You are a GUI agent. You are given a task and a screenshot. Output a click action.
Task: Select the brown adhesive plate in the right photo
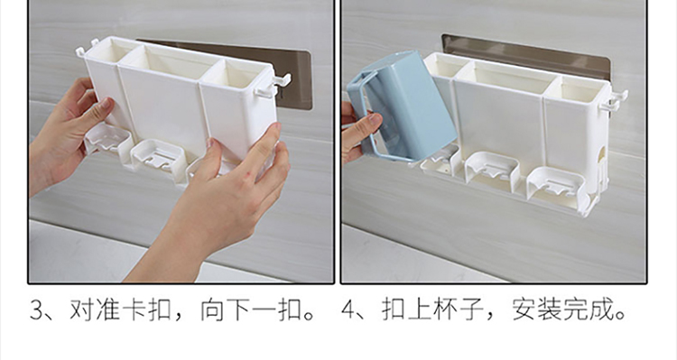click(x=525, y=55)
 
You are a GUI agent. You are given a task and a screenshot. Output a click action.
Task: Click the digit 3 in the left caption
click(x=38, y=310)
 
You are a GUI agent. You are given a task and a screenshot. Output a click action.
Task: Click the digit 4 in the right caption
click(x=348, y=310)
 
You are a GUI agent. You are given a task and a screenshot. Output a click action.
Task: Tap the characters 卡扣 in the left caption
click(x=146, y=310)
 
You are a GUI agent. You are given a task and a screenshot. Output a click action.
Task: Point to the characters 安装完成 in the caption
click(x=564, y=310)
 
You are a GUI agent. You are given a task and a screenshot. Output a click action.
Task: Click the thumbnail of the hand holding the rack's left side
click(x=106, y=105)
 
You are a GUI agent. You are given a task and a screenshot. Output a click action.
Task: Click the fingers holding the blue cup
click(x=359, y=130)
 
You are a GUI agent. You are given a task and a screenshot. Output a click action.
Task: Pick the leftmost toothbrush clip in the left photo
click(x=107, y=139)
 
